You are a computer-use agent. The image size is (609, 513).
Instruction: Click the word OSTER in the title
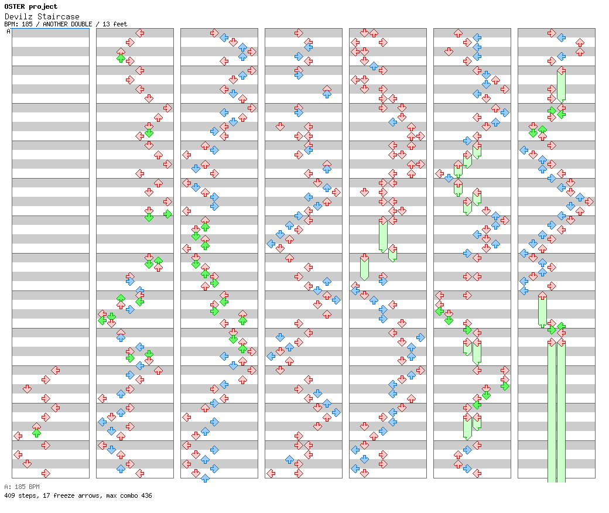[x=14, y=6]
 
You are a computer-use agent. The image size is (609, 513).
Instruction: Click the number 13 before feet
[x=106, y=24]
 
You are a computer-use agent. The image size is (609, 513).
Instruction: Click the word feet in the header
[x=119, y=24]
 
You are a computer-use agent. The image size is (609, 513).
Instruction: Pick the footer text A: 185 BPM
[x=22, y=487]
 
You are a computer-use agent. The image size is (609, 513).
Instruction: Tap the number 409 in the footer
[x=9, y=495]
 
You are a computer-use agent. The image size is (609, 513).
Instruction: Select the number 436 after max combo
[x=146, y=495]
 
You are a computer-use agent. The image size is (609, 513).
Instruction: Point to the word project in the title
[x=45, y=6]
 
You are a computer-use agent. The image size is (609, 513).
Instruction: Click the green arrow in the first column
[x=36, y=433]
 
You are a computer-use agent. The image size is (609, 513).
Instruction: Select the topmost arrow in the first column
[x=55, y=370]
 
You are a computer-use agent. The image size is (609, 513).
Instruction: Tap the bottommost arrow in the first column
[x=46, y=473]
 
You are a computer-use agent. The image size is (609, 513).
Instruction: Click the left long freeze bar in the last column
[x=552, y=410]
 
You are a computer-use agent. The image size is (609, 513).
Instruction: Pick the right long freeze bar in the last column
[x=561, y=410]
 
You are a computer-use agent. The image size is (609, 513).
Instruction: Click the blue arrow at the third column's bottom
[x=205, y=478]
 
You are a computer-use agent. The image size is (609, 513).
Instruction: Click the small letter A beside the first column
[x=8, y=32]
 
